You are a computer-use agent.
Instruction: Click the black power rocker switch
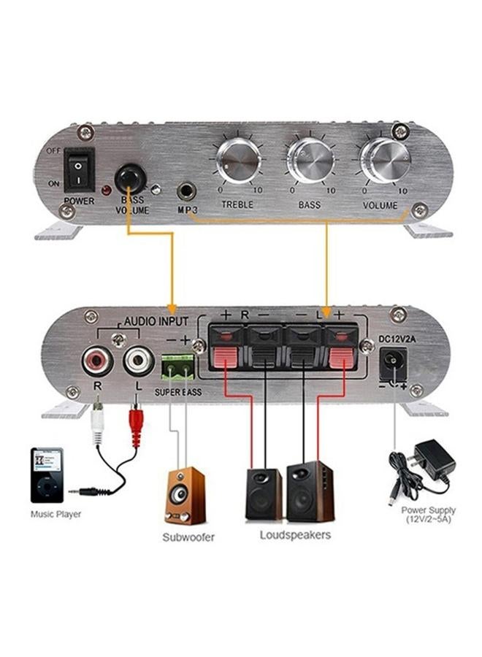coord(78,168)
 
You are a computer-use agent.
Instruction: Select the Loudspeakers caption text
coord(295,535)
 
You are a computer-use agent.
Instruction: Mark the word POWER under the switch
coord(79,200)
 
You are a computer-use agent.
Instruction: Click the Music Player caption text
coord(56,514)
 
